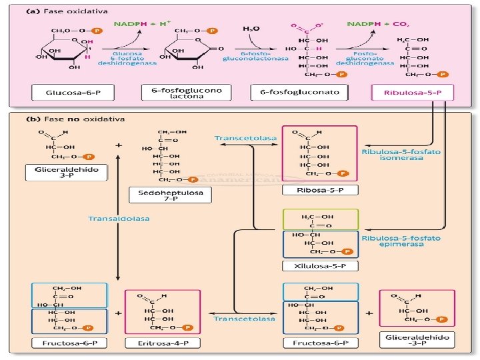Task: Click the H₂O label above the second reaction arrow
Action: (251, 29)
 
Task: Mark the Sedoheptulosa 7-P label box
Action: (170, 195)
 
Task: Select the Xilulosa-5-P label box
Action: (320, 266)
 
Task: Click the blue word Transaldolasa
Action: (119, 218)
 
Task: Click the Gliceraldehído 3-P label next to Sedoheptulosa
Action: (66, 173)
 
